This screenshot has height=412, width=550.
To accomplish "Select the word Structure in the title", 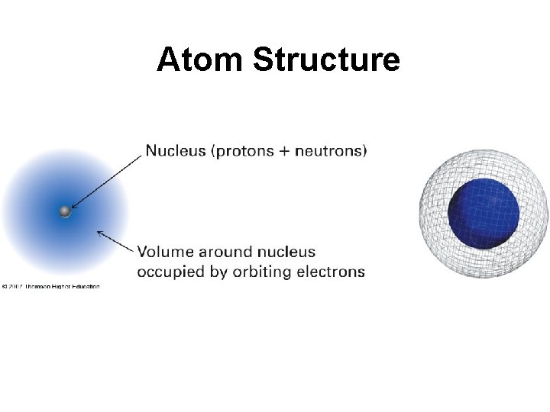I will coord(325,60).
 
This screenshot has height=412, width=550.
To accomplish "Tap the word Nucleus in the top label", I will coord(176,151).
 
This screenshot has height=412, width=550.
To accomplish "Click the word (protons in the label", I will coord(242,151).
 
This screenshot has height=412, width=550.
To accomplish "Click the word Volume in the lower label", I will coord(165,252).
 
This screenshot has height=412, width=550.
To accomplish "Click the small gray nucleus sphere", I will coord(66,211).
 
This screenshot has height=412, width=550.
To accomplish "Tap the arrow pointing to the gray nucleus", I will coord(107,181).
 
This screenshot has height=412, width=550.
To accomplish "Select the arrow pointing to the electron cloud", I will coord(116,241).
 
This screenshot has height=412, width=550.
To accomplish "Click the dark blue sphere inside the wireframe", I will coord(483,213).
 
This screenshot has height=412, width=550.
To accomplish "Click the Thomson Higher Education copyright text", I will coord(50,287).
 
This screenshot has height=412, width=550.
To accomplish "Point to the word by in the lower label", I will coord(218,272).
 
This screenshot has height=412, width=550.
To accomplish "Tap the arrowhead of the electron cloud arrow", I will coord(100,231).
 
